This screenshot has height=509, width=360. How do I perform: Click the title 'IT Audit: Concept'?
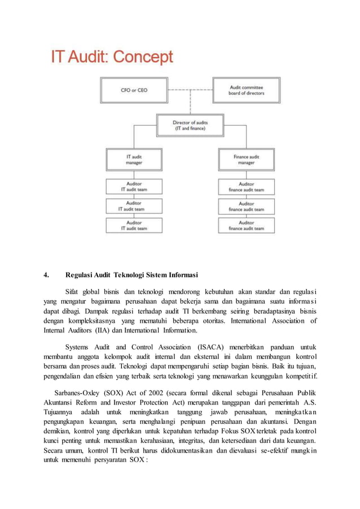(x=112, y=58)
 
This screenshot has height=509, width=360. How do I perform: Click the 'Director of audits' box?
(x=190, y=125)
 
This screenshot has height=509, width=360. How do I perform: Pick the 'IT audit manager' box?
(x=134, y=159)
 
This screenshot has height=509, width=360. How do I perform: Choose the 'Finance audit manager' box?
(x=247, y=159)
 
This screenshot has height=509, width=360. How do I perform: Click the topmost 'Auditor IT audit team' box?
(x=134, y=187)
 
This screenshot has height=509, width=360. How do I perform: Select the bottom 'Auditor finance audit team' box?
(x=247, y=226)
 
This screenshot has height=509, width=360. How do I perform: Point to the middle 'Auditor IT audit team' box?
(x=134, y=206)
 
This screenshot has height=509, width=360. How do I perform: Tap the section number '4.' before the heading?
(x=47, y=276)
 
